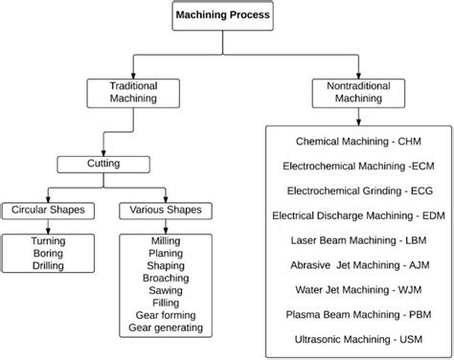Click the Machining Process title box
(x=222, y=16)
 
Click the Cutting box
(x=102, y=164)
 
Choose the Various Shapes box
(x=160, y=209)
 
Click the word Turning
(x=47, y=241)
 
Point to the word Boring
(x=47, y=254)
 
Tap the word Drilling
(x=47, y=266)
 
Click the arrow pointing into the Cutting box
(x=102, y=151)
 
